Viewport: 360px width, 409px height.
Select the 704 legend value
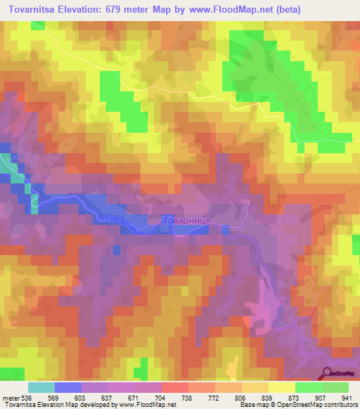161,397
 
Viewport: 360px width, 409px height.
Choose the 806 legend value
241,397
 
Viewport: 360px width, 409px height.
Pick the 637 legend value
107,397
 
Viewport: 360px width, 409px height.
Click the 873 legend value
295,397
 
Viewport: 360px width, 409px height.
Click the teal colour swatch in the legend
41,387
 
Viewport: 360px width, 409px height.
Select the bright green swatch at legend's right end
335,387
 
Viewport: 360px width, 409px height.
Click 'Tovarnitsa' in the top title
35,10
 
